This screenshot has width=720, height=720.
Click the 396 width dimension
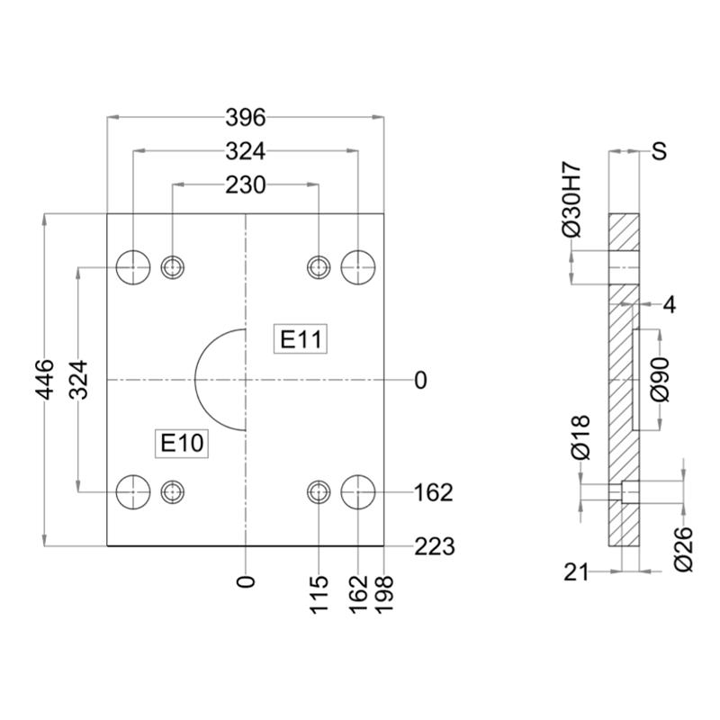pyautogui.click(x=245, y=118)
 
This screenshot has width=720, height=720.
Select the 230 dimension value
pyautogui.click(x=245, y=185)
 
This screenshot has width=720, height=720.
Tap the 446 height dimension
pyautogui.click(x=44, y=380)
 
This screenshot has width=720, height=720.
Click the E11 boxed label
pyautogui.click(x=301, y=339)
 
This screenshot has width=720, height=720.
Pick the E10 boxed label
pyautogui.click(x=182, y=443)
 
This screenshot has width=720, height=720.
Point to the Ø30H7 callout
pyautogui.click(x=572, y=200)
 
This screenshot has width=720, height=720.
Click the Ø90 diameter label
pyautogui.click(x=660, y=380)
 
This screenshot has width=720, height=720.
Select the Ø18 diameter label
pyautogui.click(x=580, y=437)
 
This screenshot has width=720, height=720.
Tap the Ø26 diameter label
pyautogui.click(x=683, y=549)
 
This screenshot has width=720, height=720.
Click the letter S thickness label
pyautogui.click(x=660, y=150)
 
